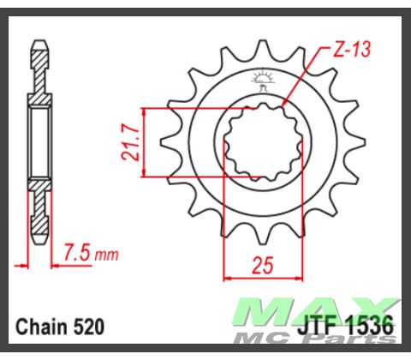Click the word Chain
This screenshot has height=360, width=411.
[39, 327]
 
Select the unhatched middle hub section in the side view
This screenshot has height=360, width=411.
[39, 141]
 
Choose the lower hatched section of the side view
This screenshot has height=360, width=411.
[39, 206]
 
